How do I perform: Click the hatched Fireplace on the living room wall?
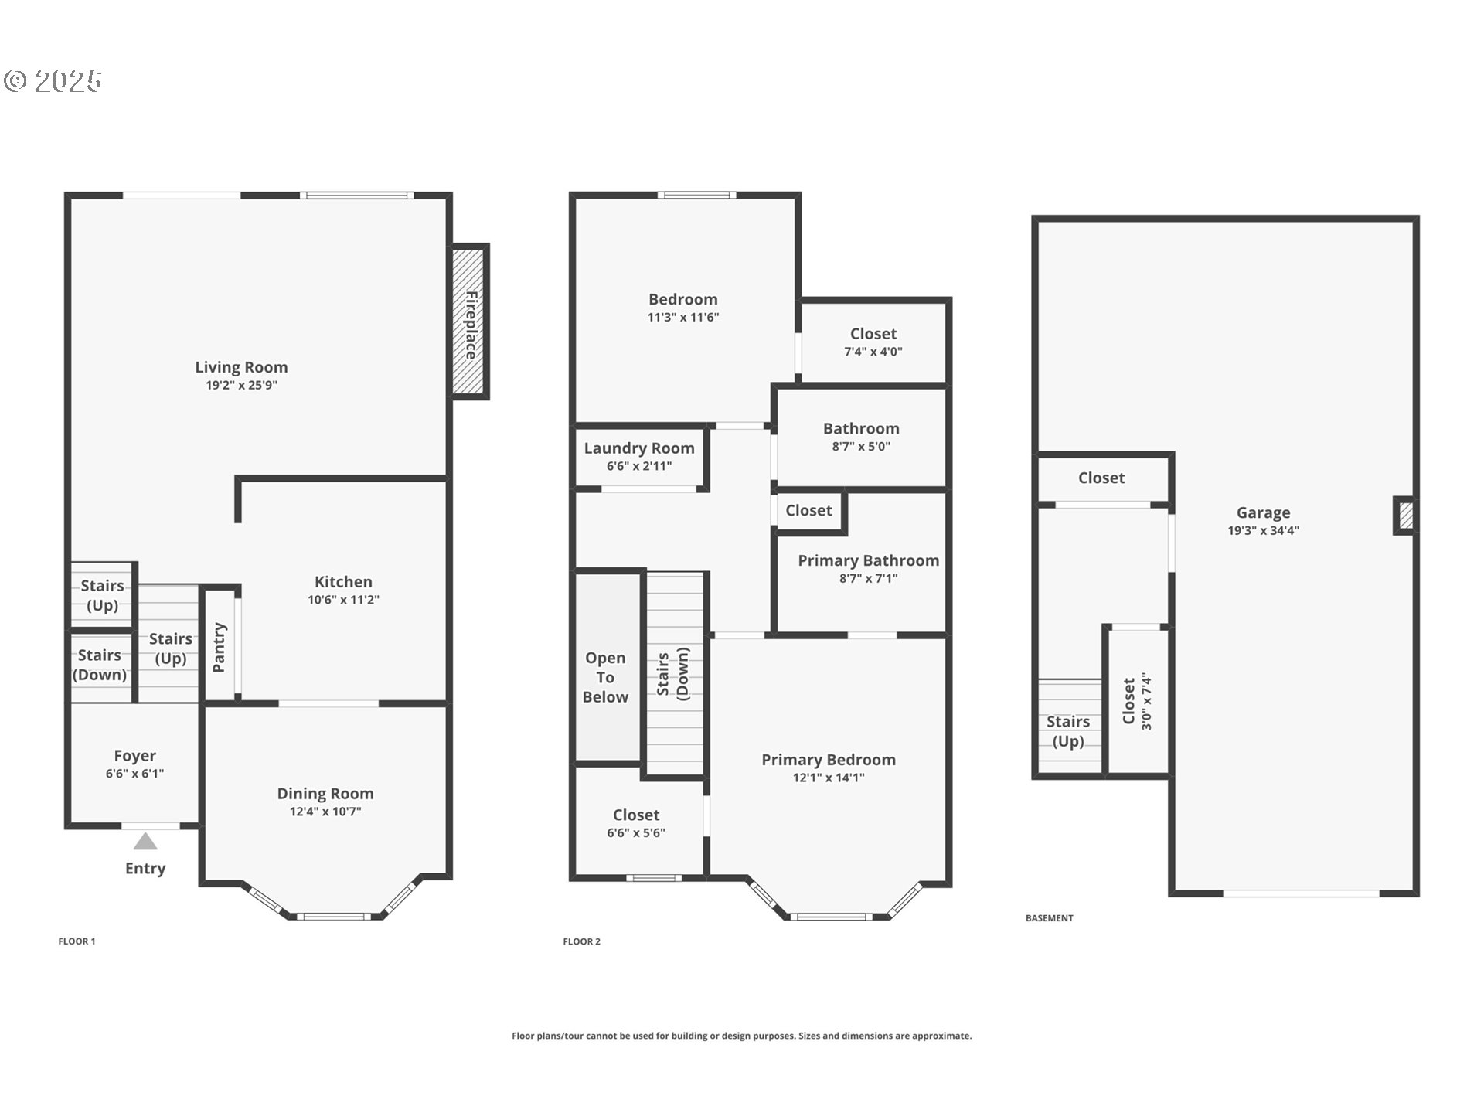(470, 322)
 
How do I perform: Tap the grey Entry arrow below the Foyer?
(145, 841)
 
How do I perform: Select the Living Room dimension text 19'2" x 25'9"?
(241, 385)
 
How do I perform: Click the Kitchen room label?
(343, 582)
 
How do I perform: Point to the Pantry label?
(219, 648)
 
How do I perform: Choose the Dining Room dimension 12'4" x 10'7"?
(325, 812)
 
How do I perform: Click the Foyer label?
(134, 756)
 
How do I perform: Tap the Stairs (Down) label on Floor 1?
(100, 665)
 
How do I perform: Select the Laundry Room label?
(639, 448)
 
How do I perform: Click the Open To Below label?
(605, 677)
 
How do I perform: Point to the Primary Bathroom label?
(869, 560)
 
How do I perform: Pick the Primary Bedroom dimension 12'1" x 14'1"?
(829, 778)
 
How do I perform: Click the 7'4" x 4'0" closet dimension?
(873, 352)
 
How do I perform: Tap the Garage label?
(1264, 512)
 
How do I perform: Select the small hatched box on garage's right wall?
(1406, 516)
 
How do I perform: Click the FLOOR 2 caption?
(582, 941)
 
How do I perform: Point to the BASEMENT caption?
(1050, 918)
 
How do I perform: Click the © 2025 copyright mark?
(53, 80)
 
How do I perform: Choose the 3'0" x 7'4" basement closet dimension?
(1147, 702)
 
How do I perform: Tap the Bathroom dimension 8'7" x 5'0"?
(861, 447)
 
